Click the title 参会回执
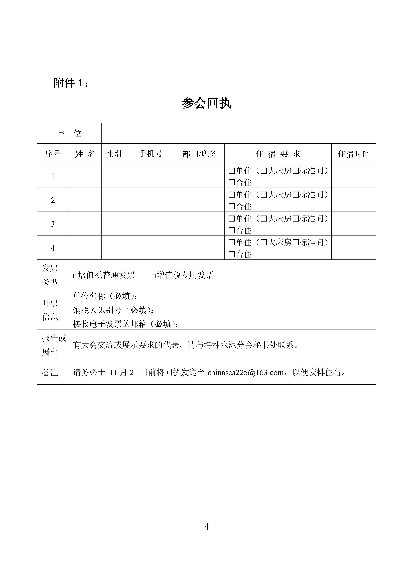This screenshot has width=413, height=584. click(206, 103)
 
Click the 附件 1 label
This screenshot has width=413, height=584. click(71, 83)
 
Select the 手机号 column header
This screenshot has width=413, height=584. click(150, 154)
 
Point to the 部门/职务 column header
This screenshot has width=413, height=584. click(199, 154)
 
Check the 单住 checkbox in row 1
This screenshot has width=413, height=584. click(231, 171)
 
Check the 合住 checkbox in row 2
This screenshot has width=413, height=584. click(231, 206)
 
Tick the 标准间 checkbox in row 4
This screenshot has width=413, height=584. click(295, 242)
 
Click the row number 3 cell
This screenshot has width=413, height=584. click(53, 224)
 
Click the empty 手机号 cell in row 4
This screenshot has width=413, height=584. click(150, 248)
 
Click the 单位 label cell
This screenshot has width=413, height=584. click(69, 133)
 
